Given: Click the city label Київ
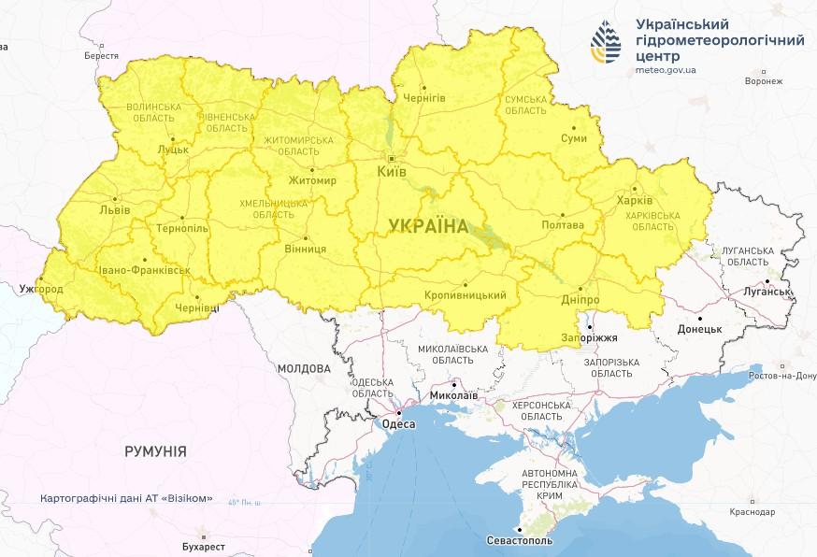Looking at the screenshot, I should click(x=391, y=173).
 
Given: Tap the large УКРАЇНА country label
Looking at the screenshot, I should click(x=428, y=225).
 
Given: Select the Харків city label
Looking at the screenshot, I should click(x=635, y=200).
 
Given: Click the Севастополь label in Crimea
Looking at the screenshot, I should click(x=520, y=541).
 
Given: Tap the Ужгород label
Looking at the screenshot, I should click(x=40, y=289).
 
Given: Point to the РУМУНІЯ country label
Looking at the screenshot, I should click(x=155, y=451).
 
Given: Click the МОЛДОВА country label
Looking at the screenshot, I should click(x=304, y=369).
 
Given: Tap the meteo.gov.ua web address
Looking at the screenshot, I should click(x=665, y=69).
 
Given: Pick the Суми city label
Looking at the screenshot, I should click(x=574, y=138).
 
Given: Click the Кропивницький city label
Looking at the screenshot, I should click(x=465, y=295).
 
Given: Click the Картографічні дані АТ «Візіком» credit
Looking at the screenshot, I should click(x=126, y=499).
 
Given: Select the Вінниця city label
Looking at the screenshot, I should click(x=306, y=250).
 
